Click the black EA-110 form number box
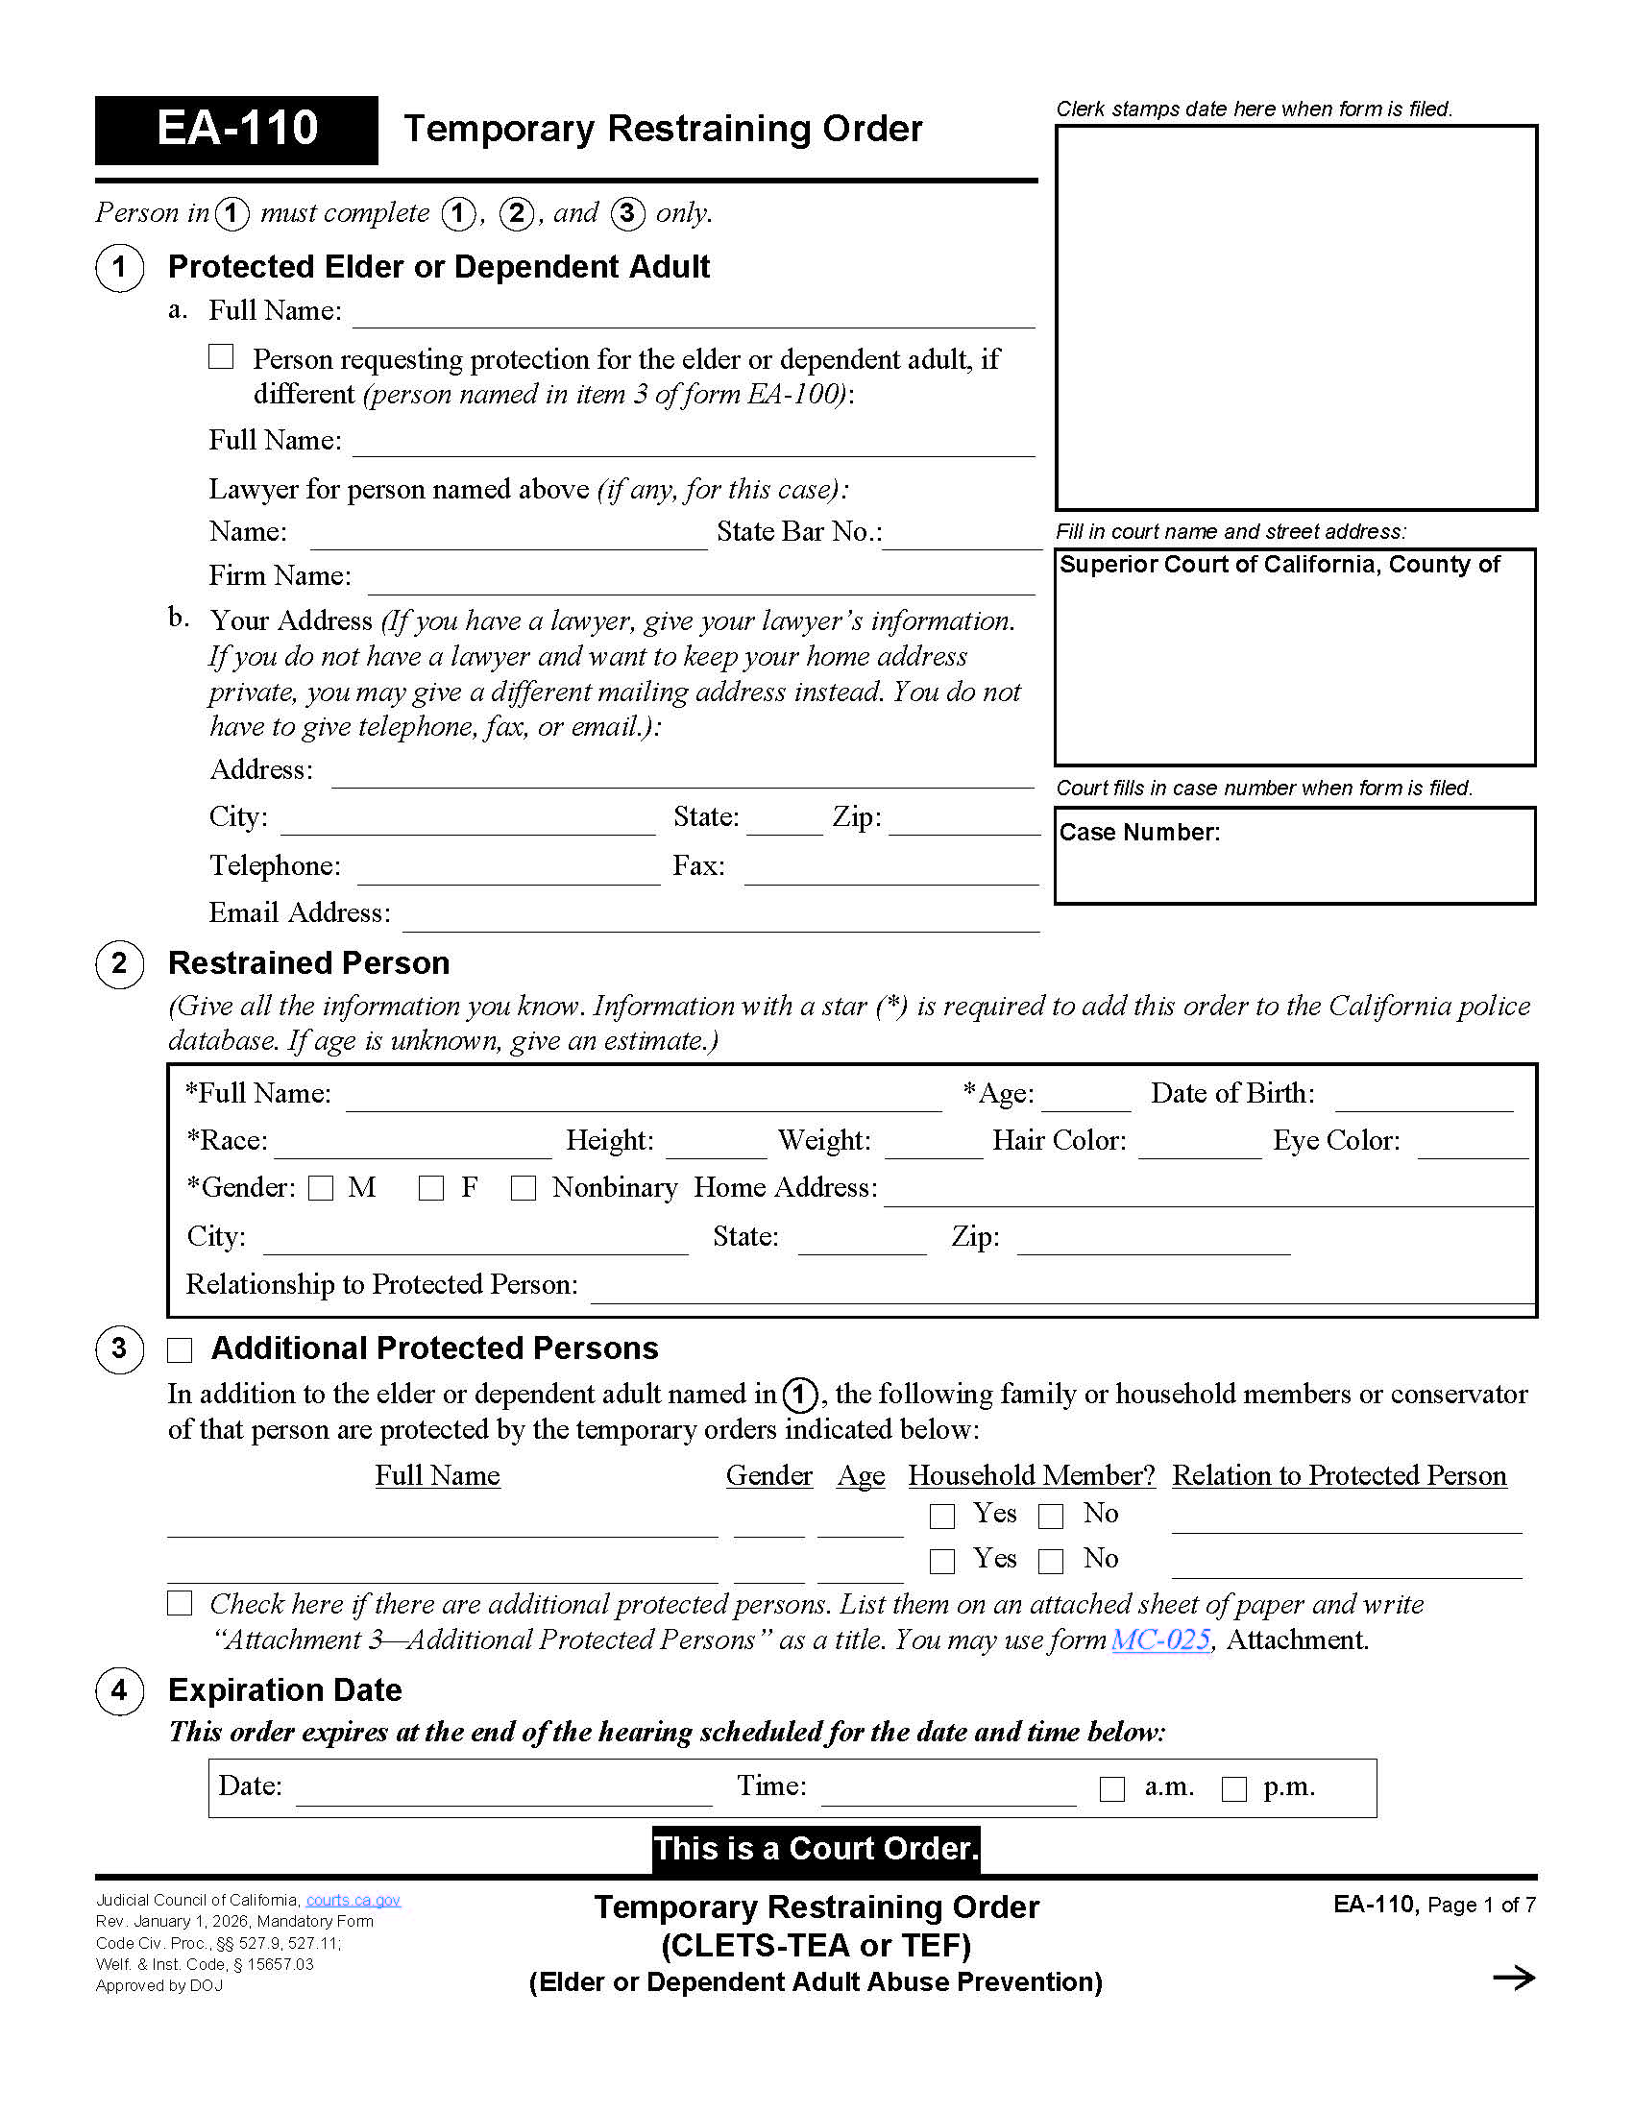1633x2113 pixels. (236, 130)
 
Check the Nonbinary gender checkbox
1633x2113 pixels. (524, 1188)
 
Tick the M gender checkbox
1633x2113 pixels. (321, 1188)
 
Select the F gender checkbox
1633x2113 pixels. (431, 1188)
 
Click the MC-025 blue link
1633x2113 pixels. (1161, 1639)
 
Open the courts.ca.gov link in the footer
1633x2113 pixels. (353, 1900)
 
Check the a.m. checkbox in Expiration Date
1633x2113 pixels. (1112, 1789)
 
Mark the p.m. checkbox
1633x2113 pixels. (1234, 1789)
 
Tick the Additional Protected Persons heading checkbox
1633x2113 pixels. (180, 1349)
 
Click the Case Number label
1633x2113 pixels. (1139, 833)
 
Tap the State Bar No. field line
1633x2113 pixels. (961, 538)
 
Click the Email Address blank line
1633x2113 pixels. (719, 919)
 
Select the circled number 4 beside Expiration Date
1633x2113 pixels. (120, 1691)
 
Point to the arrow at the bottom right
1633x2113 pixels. (1514, 1978)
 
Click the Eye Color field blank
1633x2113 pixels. (1473, 1147)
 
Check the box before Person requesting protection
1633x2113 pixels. (222, 357)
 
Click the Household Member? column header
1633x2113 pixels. (1032, 1475)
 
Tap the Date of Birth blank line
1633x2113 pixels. (1423, 1100)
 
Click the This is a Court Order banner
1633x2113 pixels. (816, 1849)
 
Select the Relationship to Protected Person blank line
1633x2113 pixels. (1061, 1292)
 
